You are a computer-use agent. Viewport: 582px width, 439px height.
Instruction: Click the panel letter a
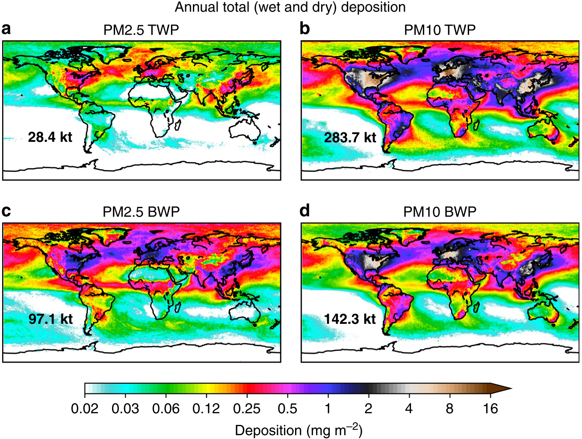[x=6, y=29]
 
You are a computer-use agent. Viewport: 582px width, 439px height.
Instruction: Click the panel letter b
[x=305, y=29]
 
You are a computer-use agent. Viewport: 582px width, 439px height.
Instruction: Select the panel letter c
[x=6, y=211]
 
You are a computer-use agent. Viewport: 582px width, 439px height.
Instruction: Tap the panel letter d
[x=305, y=211]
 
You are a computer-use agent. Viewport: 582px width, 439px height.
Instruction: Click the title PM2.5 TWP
[x=141, y=30]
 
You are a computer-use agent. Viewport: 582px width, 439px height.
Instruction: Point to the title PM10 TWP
[x=440, y=30]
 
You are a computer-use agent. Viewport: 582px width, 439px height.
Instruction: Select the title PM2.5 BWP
[x=141, y=212]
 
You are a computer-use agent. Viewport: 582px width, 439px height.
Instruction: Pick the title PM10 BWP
[x=440, y=212]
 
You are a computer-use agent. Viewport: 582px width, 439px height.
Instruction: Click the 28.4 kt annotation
[x=50, y=137]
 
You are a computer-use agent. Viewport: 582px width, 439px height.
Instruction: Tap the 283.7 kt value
[x=350, y=137]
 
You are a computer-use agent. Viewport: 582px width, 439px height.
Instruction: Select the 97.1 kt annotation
[x=50, y=319]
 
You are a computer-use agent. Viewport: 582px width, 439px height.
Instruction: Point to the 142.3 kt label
[x=350, y=319]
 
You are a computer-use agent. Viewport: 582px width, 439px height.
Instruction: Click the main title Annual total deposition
[x=290, y=7]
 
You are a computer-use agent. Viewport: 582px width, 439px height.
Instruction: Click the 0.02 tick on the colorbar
[x=85, y=409]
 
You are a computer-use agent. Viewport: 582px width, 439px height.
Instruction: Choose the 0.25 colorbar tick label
[x=247, y=409]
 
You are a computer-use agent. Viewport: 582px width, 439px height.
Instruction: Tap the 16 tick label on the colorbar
[x=490, y=409]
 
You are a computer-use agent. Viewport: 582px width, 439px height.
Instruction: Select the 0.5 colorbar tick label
[x=287, y=409]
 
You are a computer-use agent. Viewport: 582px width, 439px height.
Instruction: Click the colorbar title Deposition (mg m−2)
[x=298, y=430]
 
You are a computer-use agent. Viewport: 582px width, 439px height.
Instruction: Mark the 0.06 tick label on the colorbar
[x=166, y=409]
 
